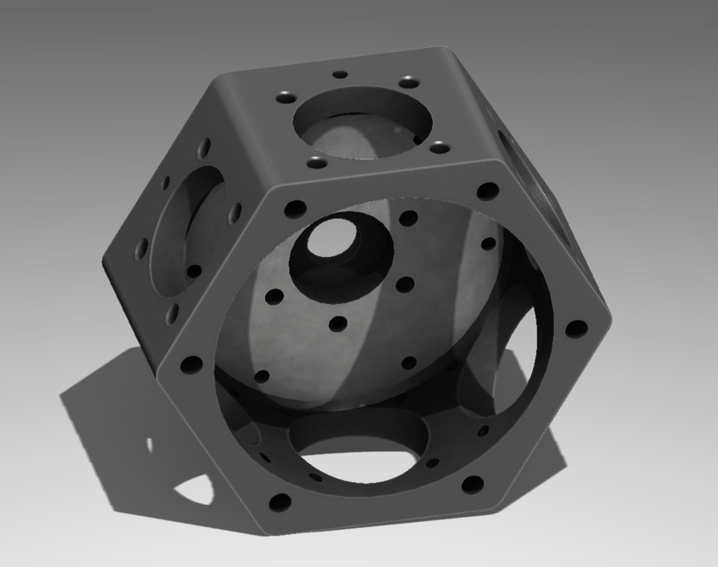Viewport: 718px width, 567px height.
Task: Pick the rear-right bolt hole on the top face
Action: [x=408, y=82]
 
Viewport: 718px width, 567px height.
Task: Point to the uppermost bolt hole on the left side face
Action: [x=205, y=144]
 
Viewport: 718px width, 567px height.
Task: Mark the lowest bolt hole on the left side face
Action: [x=172, y=312]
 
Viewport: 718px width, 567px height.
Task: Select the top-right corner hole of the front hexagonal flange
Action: [x=487, y=190]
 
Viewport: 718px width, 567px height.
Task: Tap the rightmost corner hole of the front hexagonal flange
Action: [x=576, y=329]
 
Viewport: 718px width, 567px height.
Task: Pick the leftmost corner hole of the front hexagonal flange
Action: [x=190, y=363]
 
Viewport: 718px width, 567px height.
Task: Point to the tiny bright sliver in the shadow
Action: [x=149, y=443]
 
